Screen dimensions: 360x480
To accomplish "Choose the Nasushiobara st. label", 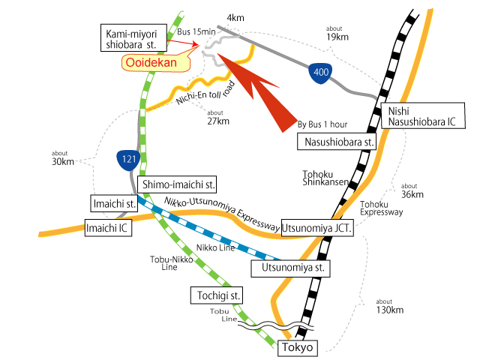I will pos(339,142).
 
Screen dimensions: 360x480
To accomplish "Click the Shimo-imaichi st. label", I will pos(178,183).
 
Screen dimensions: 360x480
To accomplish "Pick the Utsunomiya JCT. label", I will pos(318,227).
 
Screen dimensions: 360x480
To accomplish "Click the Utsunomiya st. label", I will pos(292,267).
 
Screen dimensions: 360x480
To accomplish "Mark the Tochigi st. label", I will pos(216,295).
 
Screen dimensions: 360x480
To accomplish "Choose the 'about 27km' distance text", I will pos(217,117).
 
